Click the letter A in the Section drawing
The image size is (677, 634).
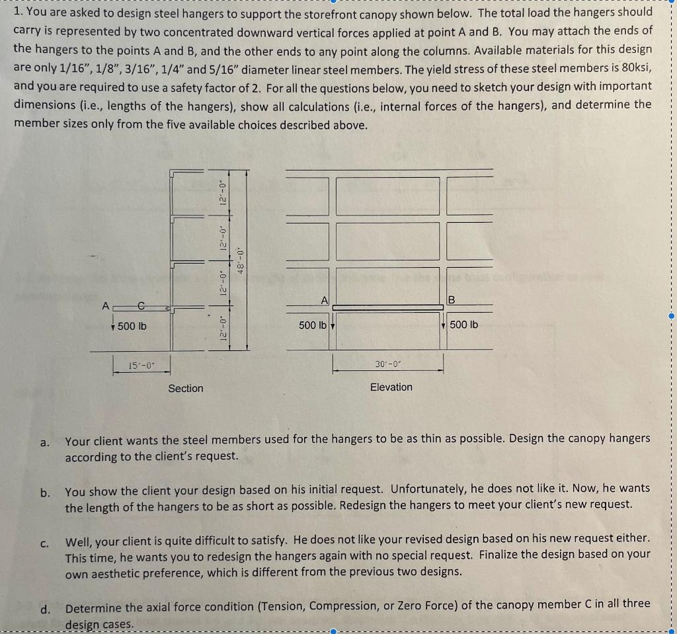[104, 306]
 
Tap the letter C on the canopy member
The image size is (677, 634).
[140, 306]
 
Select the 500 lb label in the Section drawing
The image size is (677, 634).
[133, 326]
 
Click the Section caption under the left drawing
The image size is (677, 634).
[186, 388]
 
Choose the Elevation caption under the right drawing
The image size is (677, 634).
[391, 387]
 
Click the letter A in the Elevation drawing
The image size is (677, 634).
[324, 299]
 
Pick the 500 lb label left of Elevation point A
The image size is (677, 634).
[312, 325]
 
